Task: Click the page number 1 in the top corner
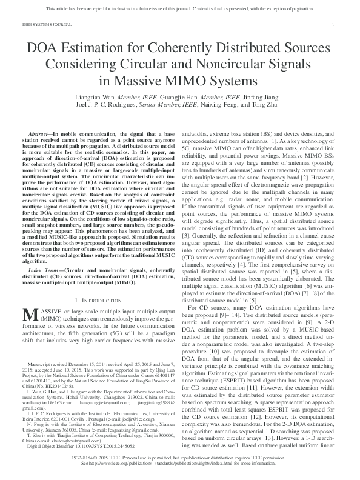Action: point(335,24)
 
